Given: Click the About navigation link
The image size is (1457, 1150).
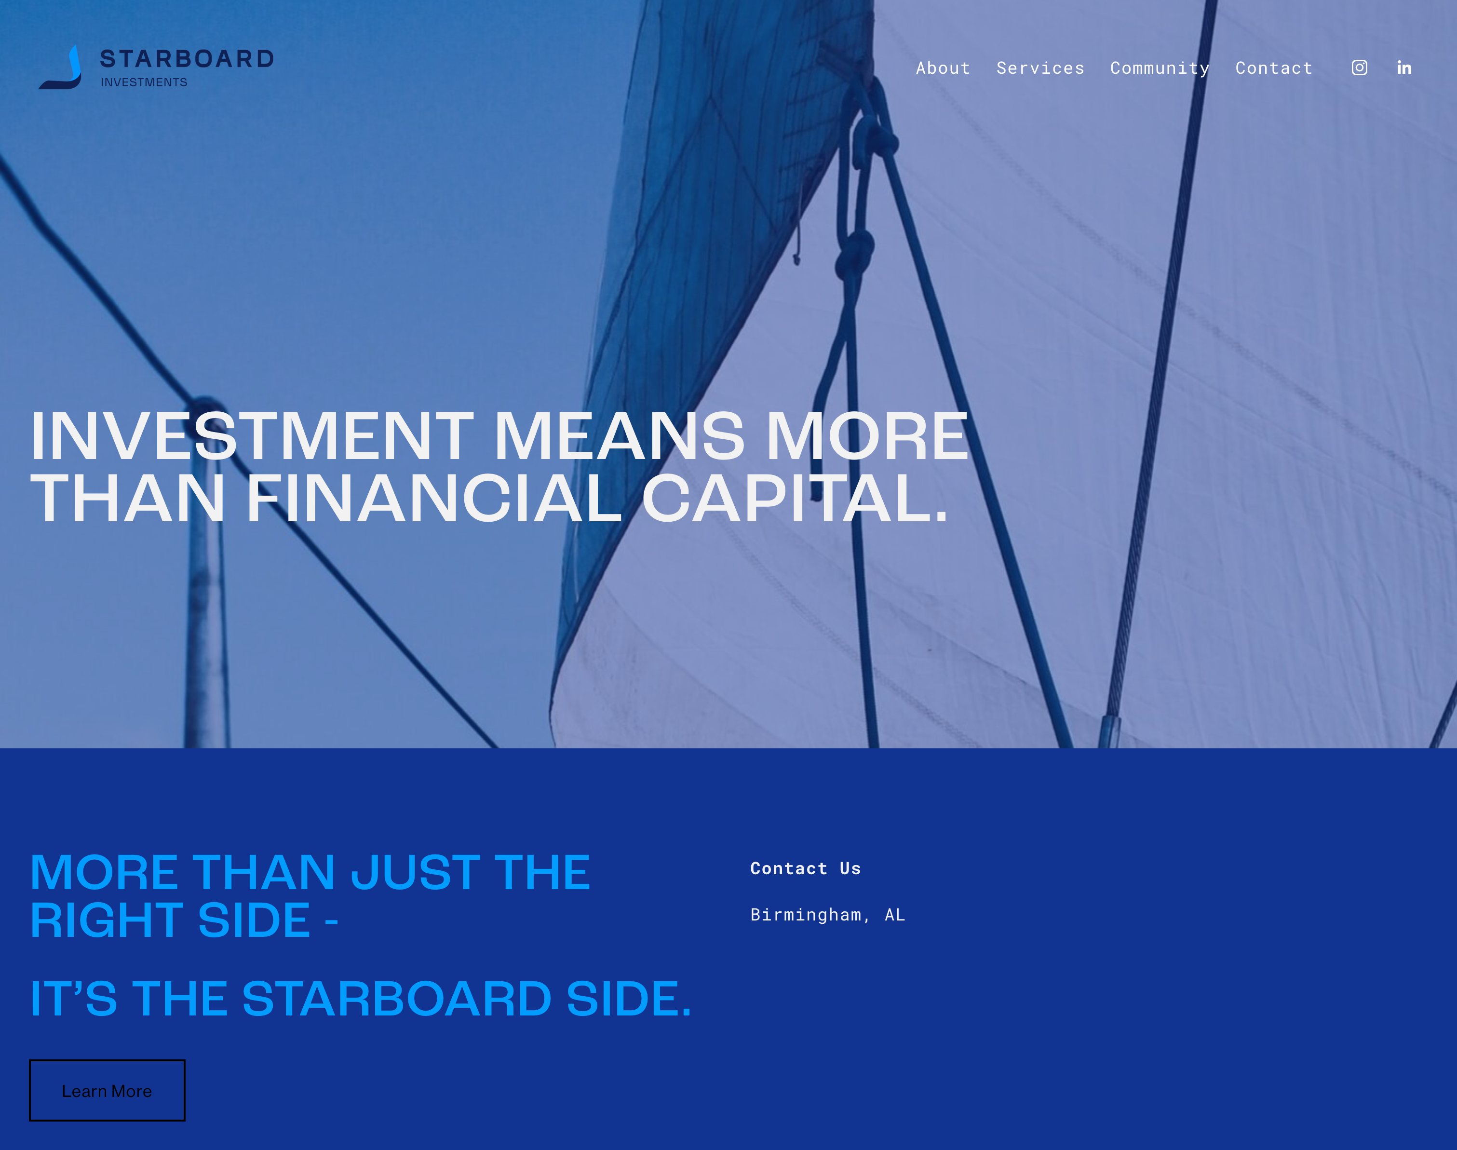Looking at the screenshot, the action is (x=943, y=68).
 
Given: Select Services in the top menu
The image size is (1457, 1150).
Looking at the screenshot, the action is (x=1040, y=68).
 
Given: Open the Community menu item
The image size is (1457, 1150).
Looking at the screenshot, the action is (x=1160, y=68).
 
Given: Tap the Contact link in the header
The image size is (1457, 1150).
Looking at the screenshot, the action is (x=1274, y=68).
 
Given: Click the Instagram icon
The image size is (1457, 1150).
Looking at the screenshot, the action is (x=1360, y=68).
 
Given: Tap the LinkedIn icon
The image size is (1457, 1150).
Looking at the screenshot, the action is (x=1404, y=68).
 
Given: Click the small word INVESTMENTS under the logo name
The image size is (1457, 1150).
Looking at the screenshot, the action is (x=144, y=82).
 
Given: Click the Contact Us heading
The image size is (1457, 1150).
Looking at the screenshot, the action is (x=805, y=868).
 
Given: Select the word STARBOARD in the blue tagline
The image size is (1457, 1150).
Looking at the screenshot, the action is (x=397, y=999).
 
